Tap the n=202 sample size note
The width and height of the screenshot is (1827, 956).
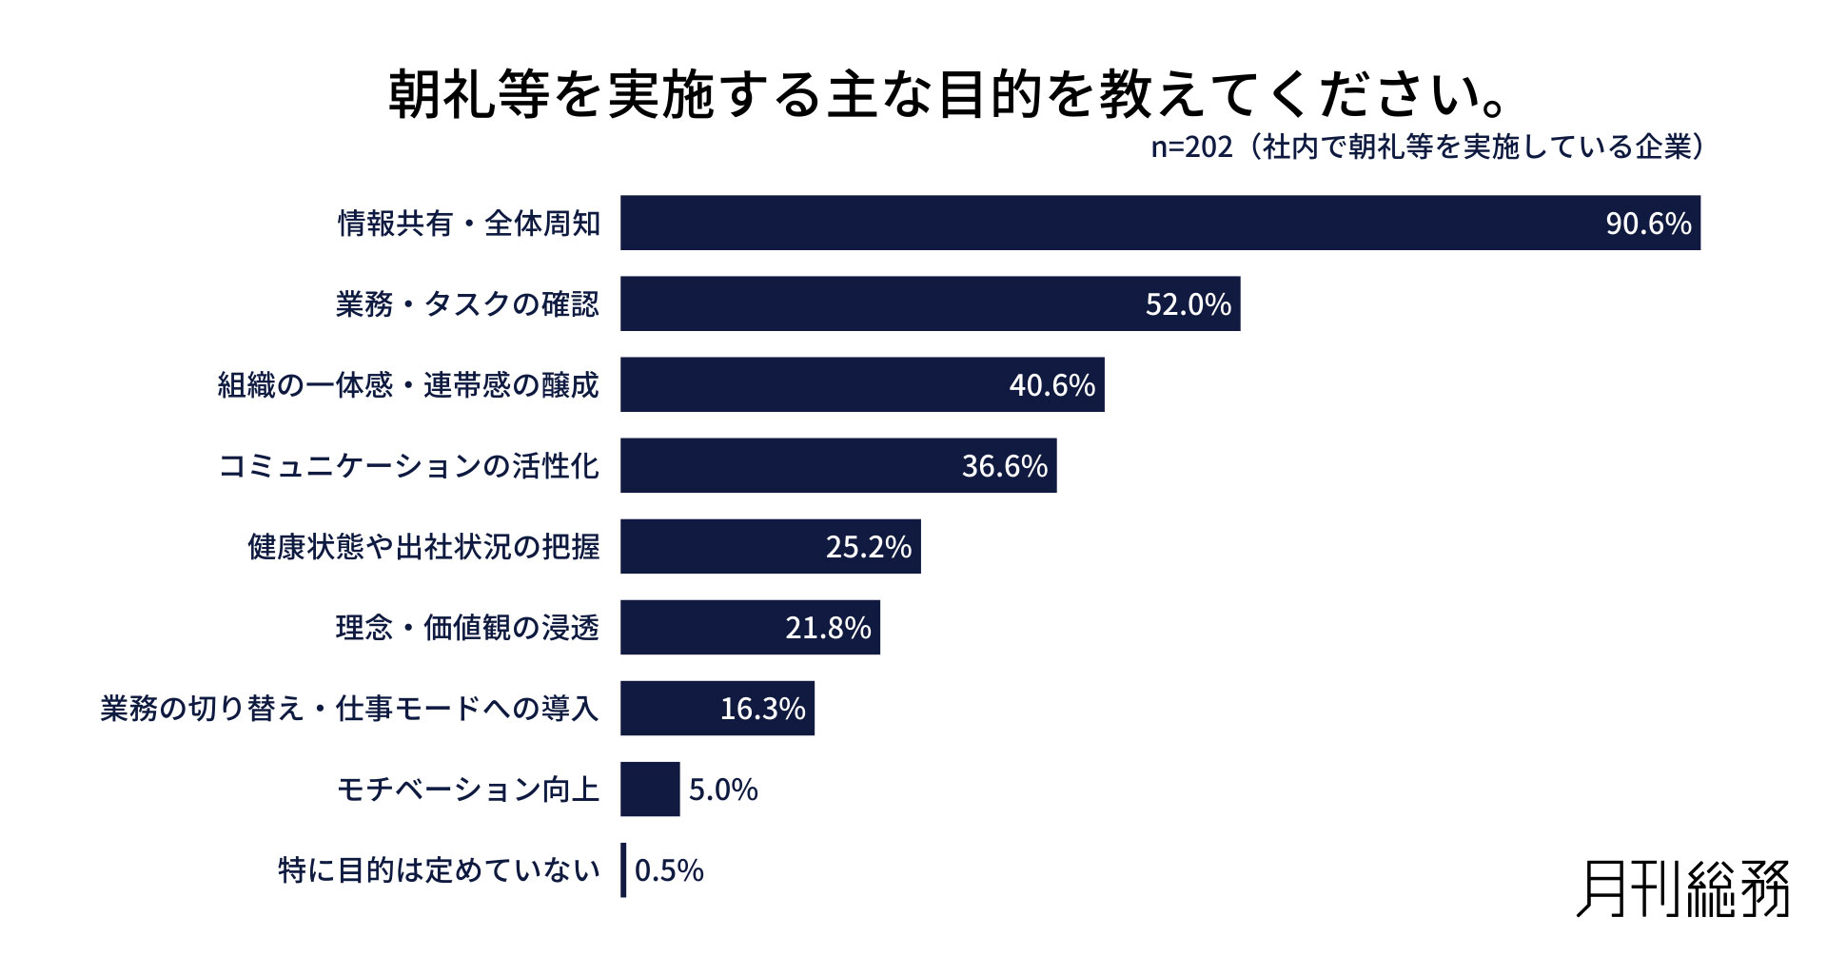point(1426,146)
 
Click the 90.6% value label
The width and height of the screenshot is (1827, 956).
point(1648,224)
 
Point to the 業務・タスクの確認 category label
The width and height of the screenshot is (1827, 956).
point(467,304)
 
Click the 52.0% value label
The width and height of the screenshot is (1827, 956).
point(1188,304)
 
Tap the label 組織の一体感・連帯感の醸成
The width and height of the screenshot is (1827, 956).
point(408,385)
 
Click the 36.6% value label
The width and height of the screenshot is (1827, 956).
point(1004,466)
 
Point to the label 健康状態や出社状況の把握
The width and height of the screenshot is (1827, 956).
point(423,547)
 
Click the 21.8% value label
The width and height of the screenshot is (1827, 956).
point(828,628)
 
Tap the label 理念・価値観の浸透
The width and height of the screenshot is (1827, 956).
point(467,628)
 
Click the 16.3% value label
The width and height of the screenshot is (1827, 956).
point(762,709)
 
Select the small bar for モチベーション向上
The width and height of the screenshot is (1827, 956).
point(650,789)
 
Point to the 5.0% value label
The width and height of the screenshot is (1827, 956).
point(723,790)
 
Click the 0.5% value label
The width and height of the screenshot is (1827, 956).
point(669,870)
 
